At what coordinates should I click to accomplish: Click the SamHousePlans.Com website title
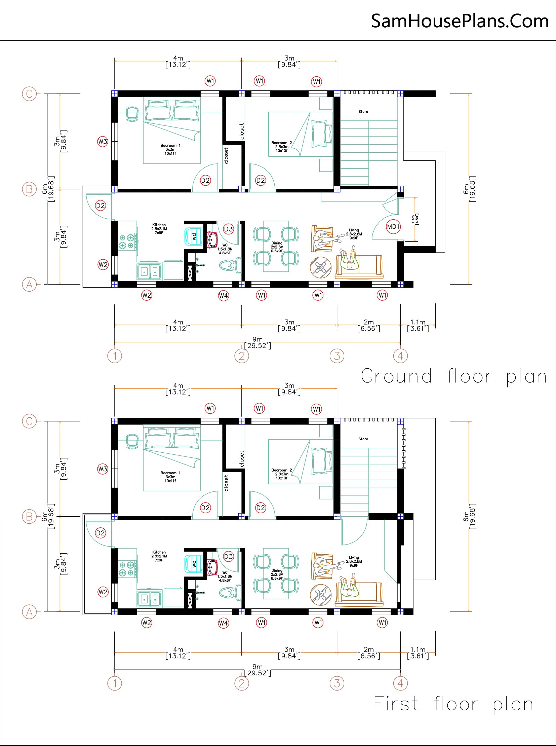click(x=460, y=21)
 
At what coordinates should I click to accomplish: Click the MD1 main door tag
click(x=393, y=227)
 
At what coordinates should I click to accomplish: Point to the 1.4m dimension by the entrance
click(x=415, y=219)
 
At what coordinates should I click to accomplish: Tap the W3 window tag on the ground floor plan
click(x=103, y=142)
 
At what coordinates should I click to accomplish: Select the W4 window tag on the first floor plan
click(x=224, y=623)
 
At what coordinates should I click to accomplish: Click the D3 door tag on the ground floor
click(x=229, y=229)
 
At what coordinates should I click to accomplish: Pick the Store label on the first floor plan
click(x=363, y=439)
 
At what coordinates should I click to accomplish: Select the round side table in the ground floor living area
click(x=321, y=268)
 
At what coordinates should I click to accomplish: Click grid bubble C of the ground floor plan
click(x=29, y=94)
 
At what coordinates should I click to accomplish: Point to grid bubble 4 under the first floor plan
click(x=400, y=683)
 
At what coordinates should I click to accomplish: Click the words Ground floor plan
click(x=454, y=376)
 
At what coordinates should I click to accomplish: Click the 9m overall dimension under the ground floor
click(x=257, y=342)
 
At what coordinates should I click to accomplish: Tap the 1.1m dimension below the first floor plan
click(x=418, y=652)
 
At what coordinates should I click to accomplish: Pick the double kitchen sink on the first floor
click(x=150, y=598)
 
